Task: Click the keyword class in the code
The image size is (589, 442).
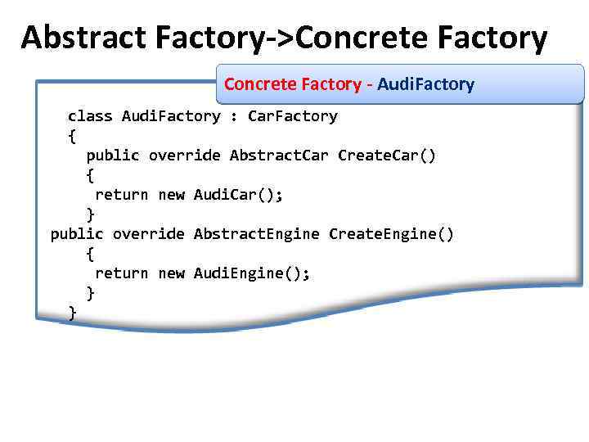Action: pyautogui.click(x=90, y=116)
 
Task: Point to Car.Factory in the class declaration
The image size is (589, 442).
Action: pyautogui.click(x=292, y=116)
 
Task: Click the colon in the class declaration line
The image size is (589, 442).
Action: pyautogui.click(x=234, y=116)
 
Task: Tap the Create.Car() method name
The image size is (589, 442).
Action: pyautogui.click(x=387, y=156)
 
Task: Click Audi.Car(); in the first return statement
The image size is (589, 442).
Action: pyautogui.click(x=239, y=195)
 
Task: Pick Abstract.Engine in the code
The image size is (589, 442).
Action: pyautogui.click(x=257, y=234)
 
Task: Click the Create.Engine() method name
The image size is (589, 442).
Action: pyautogui.click(x=391, y=234)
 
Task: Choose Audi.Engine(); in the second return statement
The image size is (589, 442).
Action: pyautogui.click(x=252, y=273)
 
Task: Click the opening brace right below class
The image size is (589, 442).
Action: pyautogui.click(x=72, y=136)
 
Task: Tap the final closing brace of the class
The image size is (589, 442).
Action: pyautogui.click(x=72, y=313)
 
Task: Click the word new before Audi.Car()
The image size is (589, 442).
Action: pyautogui.click(x=171, y=195)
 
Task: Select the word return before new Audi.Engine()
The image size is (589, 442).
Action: pyautogui.click(x=122, y=273)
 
